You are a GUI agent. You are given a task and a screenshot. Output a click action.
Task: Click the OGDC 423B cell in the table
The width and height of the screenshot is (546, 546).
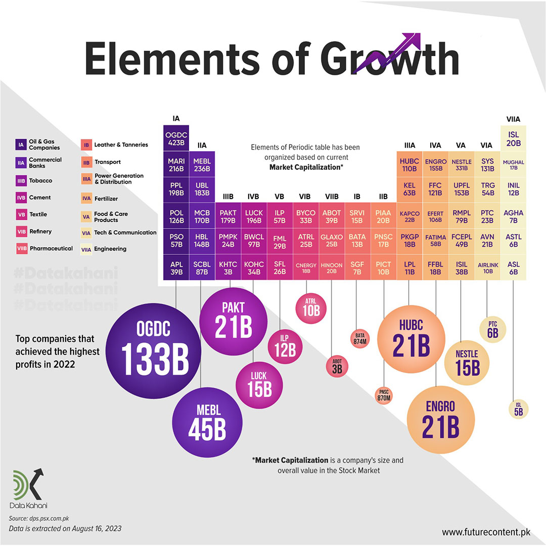[175, 138]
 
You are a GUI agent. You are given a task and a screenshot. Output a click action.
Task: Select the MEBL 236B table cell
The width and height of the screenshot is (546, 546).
[202, 164]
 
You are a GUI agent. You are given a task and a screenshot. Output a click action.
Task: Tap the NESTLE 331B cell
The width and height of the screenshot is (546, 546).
[461, 164]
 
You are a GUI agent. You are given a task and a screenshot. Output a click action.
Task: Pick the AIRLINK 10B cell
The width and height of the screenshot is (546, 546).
[487, 267]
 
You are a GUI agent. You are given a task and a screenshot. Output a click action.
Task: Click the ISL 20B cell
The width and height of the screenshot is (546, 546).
[513, 138]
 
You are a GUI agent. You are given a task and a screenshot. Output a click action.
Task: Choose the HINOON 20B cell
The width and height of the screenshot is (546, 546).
[332, 267]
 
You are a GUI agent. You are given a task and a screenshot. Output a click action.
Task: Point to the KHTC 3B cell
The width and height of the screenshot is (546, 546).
[228, 267]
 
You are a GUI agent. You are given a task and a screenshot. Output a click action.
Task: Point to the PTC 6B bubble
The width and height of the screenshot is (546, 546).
[492, 329]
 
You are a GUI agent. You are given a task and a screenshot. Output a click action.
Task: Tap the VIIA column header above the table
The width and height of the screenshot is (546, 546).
[513, 119]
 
